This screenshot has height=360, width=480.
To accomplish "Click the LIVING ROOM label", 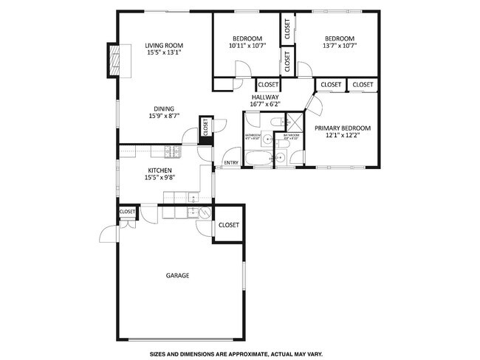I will pyautogui.click(x=162, y=45).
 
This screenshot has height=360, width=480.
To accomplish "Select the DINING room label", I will pyautogui.click(x=164, y=108).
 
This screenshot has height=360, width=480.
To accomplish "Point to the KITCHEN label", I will pyautogui.click(x=159, y=170).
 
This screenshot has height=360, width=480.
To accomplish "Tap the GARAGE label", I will pyautogui.click(x=177, y=275).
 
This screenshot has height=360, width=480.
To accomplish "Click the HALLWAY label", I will pyautogui.click(x=265, y=97).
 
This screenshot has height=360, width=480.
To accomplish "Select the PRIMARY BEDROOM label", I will pyautogui.click(x=343, y=128).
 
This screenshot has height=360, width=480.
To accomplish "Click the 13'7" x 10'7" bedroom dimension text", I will pyautogui.click(x=340, y=46).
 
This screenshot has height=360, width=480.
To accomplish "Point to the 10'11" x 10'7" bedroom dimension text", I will pyautogui.click(x=247, y=46).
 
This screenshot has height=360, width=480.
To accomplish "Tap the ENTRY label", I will pyautogui.click(x=231, y=163).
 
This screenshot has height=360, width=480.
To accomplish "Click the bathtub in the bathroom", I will pyautogui.click(x=260, y=159).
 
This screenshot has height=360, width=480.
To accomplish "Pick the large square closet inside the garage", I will pyautogui.click(x=228, y=225).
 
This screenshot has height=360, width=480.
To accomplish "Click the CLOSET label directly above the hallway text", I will pyautogui.click(x=268, y=85).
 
